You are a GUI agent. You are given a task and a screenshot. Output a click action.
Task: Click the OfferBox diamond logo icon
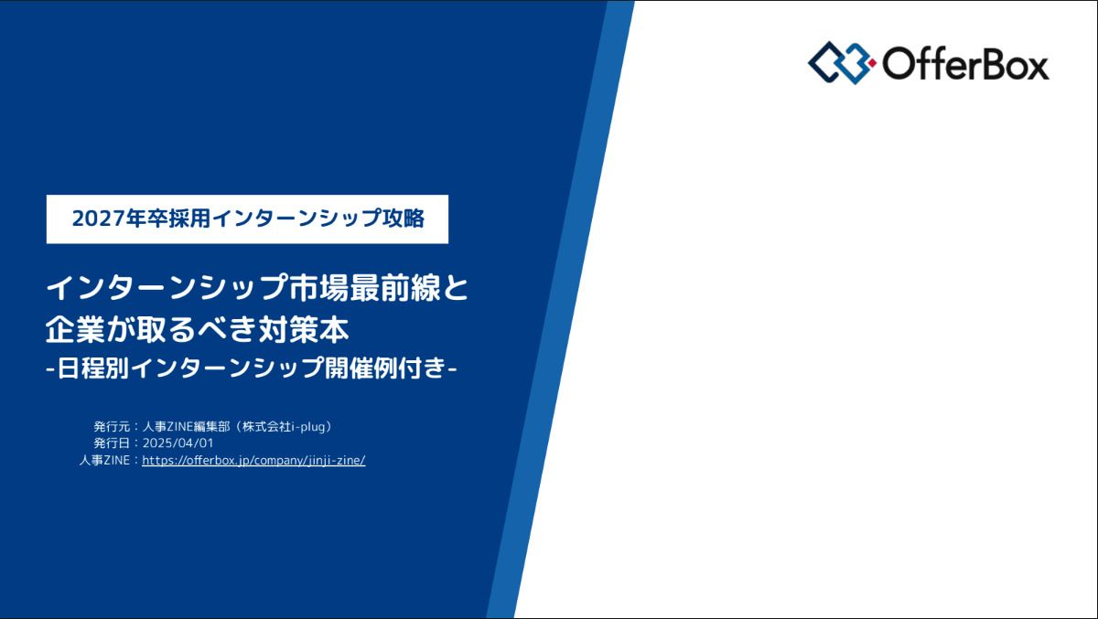tap(842, 63)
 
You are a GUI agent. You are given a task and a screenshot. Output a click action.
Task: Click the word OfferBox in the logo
tap(965, 63)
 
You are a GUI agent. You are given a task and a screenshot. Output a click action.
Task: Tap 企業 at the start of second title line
tap(75, 329)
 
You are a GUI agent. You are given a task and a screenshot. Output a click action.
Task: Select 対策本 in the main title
tap(305, 329)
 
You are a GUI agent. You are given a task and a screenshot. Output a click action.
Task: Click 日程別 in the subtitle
tap(93, 368)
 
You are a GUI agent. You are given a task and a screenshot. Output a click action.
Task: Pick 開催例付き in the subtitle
tap(386, 368)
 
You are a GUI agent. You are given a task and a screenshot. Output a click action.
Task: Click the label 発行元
tap(112, 427)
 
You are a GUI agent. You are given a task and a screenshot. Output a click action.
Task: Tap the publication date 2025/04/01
tap(178, 443)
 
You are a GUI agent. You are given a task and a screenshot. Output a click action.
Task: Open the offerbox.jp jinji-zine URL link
tap(253, 460)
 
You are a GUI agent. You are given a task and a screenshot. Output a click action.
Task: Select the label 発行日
tap(112, 443)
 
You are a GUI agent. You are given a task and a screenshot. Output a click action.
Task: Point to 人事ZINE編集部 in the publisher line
tap(187, 427)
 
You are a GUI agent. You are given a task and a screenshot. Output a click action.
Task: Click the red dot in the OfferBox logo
tap(872, 63)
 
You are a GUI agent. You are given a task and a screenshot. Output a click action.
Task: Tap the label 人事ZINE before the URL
tap(105, 460)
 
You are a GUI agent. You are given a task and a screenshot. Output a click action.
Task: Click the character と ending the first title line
tap(456, 288)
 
